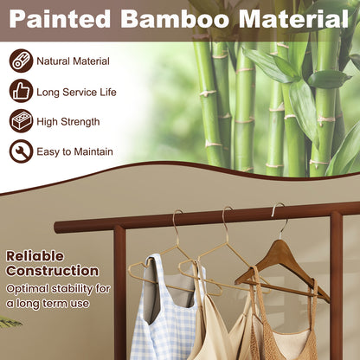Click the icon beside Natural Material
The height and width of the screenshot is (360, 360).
coord(22,61)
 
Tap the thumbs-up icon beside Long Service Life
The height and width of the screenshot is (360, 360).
coord(22,92)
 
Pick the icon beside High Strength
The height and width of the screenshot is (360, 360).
coord(22,121)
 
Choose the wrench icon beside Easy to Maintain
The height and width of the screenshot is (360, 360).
coord(22,151)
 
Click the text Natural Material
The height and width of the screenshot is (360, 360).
coord(74,61)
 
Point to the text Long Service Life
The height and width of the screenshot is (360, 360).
coord(76,92)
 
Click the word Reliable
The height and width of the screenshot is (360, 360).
coord(35,256)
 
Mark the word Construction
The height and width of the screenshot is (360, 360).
coord(52,272)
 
